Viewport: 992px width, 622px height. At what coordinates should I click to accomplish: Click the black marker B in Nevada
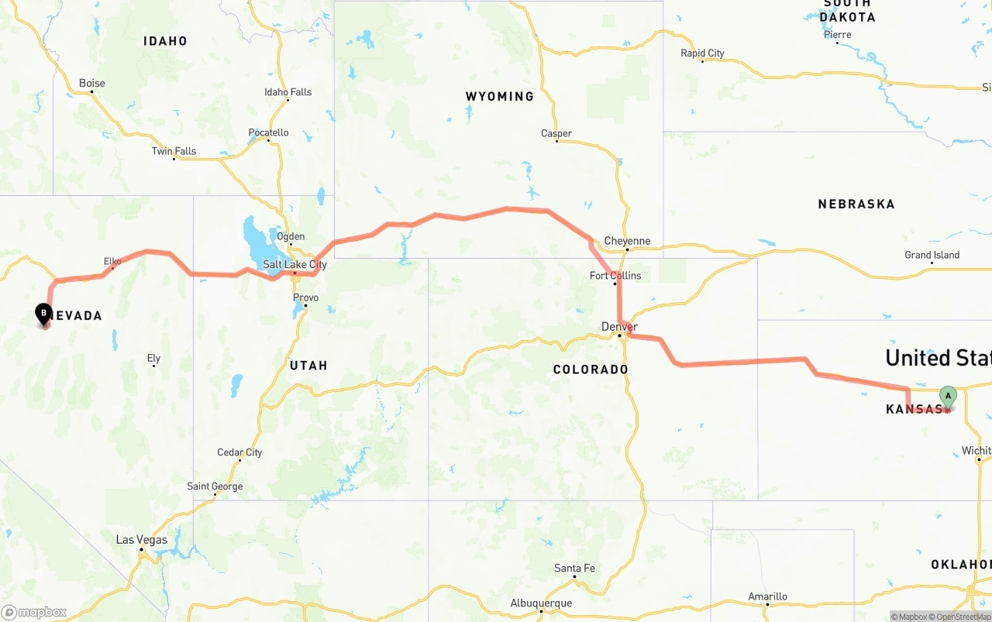click(x=44, y=314)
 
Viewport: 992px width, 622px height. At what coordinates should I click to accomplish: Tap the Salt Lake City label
click(x=294, y=265)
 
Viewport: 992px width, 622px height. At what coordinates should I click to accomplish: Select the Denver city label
click(x=619, y=327)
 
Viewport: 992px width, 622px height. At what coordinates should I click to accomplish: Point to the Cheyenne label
click(x=627, y=241)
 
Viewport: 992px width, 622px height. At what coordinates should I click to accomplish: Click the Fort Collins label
click(x=615, y=276)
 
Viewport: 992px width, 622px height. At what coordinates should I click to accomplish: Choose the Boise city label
click(x=92, y=84)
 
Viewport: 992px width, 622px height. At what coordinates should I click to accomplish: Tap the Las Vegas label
click(x=141, y=540)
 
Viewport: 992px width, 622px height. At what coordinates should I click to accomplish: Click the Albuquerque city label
click(x=541, y=603)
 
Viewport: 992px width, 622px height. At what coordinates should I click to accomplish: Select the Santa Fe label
click(x=574, y=569)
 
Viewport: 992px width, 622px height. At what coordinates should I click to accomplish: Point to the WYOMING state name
click(x=500, y=97)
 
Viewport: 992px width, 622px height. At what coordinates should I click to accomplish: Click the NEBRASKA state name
click(x=856, y=204)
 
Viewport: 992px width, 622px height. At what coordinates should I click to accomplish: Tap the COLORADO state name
click(x=591, y=369)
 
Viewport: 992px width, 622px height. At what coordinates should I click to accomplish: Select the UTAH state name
click(x=308, y=366)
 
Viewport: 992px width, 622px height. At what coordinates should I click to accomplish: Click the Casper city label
click(x=556, y=134)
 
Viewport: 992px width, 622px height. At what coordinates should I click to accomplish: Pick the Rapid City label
click(x=702, y=53)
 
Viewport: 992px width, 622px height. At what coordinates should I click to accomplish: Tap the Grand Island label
click(x=932, y=256)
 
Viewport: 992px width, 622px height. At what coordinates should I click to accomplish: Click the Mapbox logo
click(x=34, y=612)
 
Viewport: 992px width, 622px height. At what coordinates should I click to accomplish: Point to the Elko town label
click(x=113, y=262)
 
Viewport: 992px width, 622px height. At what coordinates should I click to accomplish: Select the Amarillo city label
click(x=767, y=596)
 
